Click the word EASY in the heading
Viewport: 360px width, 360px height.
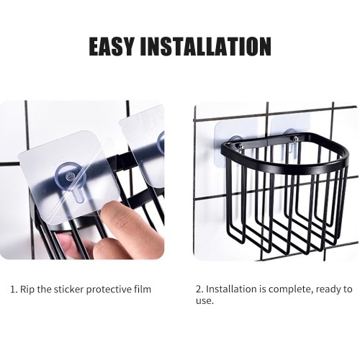point(111,46)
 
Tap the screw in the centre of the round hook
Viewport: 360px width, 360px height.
point(68,177)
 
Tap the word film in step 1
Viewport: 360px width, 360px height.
point(143,289)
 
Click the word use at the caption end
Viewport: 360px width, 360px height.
point(204,301)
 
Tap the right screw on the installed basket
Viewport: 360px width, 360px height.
point(294,138)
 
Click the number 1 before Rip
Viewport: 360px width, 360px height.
point(13,289)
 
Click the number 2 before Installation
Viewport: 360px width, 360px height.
point(199,289)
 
